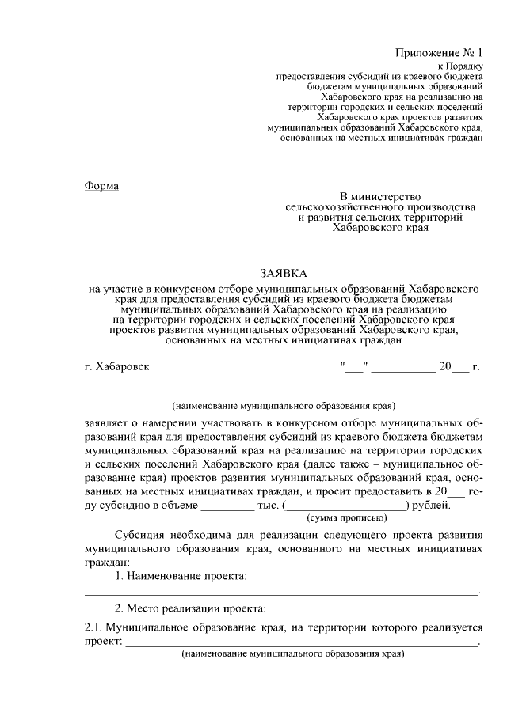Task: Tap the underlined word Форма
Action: click(101, 185)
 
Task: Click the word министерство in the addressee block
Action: click(395, 195)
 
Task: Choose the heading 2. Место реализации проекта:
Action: click(191, 608)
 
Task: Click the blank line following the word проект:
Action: click(301, 642)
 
